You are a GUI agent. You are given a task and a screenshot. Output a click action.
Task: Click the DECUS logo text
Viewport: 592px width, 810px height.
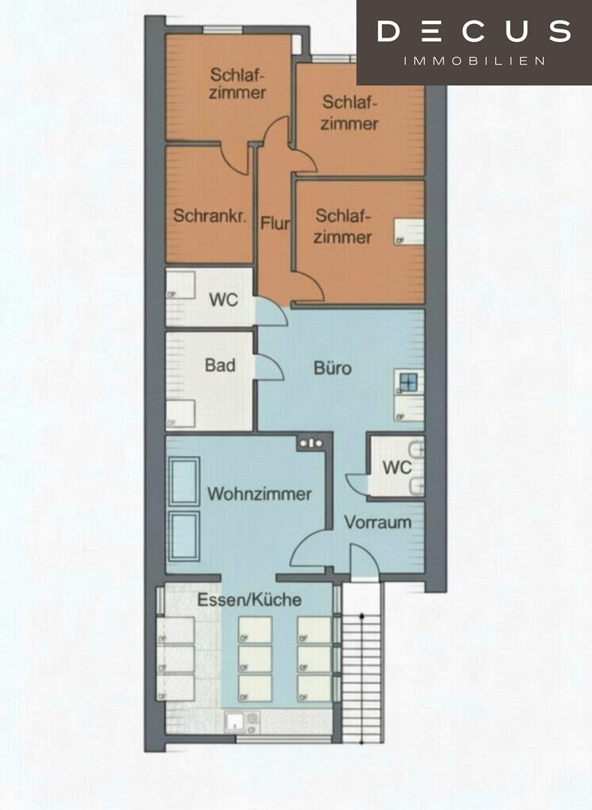pyautogui.click(x=473, y=31)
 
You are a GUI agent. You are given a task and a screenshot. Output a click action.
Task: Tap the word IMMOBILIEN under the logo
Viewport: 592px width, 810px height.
pyautogui.click(x=473, y=61)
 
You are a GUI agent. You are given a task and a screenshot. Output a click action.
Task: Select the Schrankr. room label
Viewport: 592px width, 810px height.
pyautogui.click(x=210, y=215)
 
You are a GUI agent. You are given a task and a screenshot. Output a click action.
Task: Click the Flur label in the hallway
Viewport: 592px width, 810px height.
pyautogui.click(x=275, y=223)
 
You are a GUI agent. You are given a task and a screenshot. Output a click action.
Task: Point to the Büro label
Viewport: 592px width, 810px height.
pyautogui.click(x=332, y=367)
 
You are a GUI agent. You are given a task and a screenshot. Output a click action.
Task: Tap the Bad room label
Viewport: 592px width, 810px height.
pyautogui.click(x=220, y=364)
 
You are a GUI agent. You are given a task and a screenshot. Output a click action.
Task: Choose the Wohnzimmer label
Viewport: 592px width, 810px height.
pyautogui.click(x=260, y=493)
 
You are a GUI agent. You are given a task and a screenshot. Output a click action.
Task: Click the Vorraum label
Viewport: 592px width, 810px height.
pyautogui.click(x=377, y=522)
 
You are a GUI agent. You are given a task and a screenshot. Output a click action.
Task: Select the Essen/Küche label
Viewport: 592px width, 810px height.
pyautogui.click(x=250, y=599)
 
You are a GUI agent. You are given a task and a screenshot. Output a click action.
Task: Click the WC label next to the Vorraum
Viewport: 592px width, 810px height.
pyautogui.click(x=397, y=467)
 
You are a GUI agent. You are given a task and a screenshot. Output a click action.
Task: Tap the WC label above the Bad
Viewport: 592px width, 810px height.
pyautogui.click(x=224, y=299)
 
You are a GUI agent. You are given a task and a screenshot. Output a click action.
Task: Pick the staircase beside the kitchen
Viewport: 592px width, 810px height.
pyautogui.click(x=362, y=661)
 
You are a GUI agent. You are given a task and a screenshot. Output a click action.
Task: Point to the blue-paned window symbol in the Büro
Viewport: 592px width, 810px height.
pyautogui.click(x=409, y=382)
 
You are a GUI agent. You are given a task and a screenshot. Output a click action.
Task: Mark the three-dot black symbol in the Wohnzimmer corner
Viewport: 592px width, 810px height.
pyautogui.click(x=311, y=443)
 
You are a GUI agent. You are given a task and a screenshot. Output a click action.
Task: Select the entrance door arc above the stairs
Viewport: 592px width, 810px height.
pyautogui.click(x=365, y=560)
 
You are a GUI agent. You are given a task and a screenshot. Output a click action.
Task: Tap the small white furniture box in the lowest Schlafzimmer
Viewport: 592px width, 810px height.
pyautogui.click(x=409, y=232)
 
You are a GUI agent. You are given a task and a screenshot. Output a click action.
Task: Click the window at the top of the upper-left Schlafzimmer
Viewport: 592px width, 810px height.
pyautogui.click(x=222, y=30)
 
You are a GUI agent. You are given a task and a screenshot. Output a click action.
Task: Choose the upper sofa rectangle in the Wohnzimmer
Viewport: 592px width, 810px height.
pyautogui.click(x=184, y=481)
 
